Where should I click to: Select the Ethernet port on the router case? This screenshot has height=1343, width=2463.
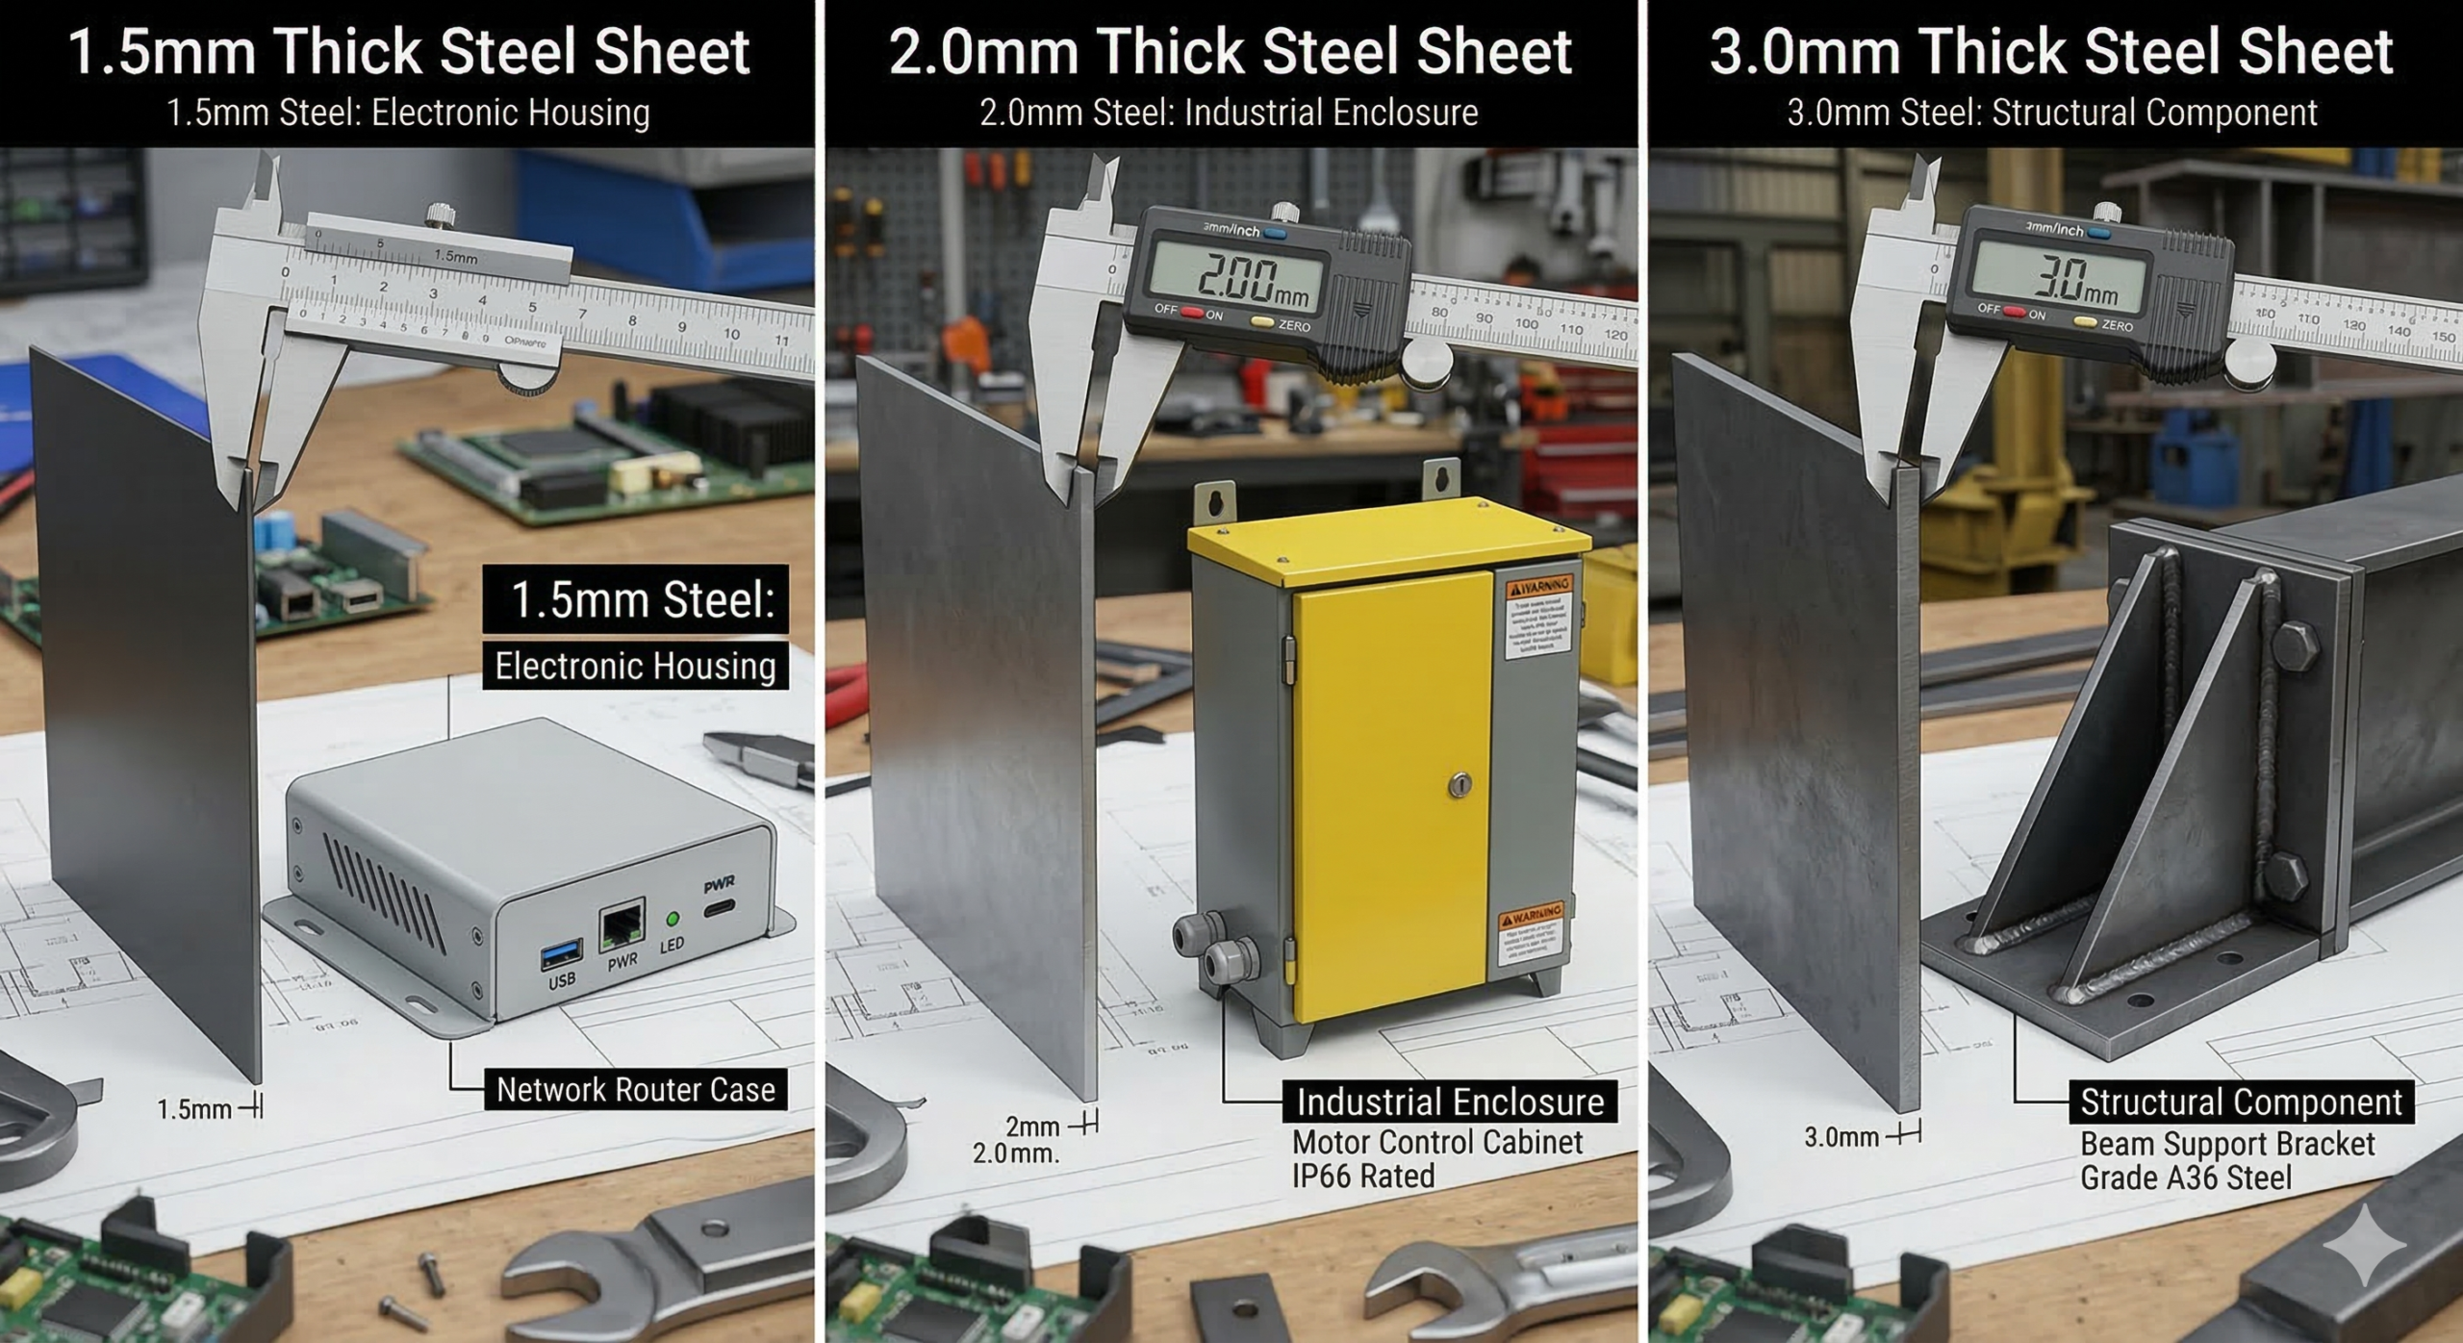click(x=622, y=926)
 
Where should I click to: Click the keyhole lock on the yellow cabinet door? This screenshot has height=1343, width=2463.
click(x=1460, y=785)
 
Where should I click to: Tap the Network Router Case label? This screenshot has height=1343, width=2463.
click(x=635, y=1090)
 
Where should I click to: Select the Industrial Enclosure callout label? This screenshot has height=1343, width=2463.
click(x=1450, y=1102)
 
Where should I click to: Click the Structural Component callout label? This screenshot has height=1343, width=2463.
click(x=2241, y=1102)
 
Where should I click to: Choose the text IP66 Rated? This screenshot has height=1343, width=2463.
click(x=1362, y=1176)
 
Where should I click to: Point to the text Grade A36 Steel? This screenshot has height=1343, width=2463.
click(x=2185, y=1178)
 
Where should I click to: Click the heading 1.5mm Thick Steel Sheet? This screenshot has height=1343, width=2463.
click(x=408, y=52)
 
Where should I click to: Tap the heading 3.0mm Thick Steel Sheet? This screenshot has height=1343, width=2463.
click(x=2051, y=52)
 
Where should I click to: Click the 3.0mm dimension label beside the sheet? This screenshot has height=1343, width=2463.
click(x=1841, y=1137)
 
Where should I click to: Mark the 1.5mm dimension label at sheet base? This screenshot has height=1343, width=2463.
click(x=194, y=1109)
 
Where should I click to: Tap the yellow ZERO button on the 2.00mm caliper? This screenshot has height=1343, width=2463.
click(x=1262, y=322)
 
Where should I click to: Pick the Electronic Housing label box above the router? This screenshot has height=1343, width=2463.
click(x=635, y=666)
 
